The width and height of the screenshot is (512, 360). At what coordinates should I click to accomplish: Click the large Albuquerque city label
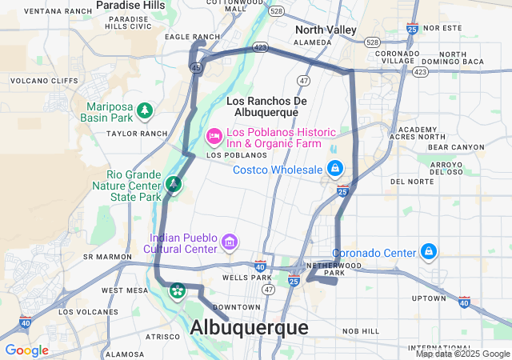click(x=249, y=328)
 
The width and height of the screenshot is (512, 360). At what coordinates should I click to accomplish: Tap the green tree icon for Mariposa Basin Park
click(x=145, y=110)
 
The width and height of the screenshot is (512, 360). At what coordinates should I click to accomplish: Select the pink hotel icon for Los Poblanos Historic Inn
click(x=214, y=137)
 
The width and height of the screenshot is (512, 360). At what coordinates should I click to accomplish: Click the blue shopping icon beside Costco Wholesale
click(x=335, y=169)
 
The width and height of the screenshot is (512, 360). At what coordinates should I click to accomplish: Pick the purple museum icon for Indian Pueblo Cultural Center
click(x=230, y=241)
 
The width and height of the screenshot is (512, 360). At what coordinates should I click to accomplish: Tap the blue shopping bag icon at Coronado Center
click(x=430, y=253)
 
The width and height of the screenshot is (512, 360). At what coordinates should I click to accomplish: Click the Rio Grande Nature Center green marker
click(x=173, y=185)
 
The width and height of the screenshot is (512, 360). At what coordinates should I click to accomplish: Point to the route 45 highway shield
click(x=196, y=68)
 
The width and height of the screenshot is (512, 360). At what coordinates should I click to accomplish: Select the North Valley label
click(x=326, y=30)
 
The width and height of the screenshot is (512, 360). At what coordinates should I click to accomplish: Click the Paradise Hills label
click(x=130, y=6)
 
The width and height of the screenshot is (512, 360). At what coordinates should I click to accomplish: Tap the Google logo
click(x=26, y=350)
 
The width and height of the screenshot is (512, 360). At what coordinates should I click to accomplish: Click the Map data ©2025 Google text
click(x=462, y=354)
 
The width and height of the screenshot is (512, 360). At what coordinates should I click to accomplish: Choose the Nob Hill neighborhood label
click(x=361, y=330)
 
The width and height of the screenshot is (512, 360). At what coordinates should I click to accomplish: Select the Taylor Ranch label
click(x=137, y=134)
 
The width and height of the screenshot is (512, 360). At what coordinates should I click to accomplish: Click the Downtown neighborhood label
click(x=237, y=307)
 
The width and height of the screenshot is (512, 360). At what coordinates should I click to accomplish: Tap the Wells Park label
click(x=244, y=278)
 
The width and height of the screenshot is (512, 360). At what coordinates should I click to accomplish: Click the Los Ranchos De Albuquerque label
click(x=266, y=106)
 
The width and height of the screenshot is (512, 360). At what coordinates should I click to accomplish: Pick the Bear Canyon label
click(x=455, y=147)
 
